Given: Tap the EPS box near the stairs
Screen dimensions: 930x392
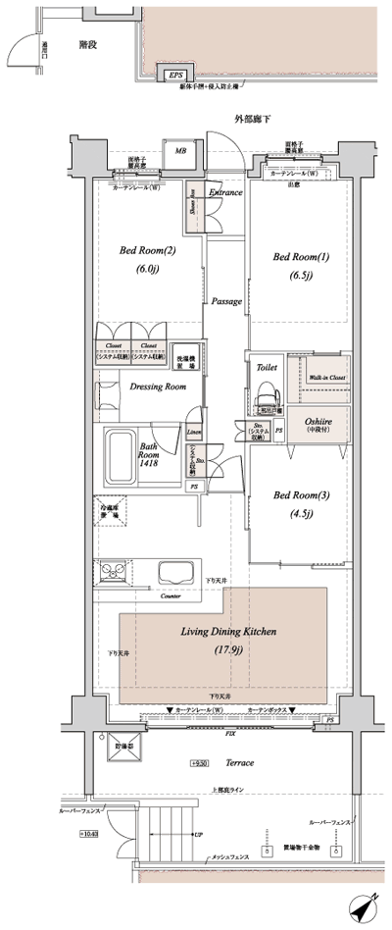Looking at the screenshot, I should point(175,76).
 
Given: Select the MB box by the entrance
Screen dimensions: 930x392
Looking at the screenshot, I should point(181,152).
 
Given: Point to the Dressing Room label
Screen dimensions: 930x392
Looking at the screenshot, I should point(158,387).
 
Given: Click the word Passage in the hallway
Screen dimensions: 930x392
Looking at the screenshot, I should point(226,302).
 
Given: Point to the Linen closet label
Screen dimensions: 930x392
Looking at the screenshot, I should point(194,433).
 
